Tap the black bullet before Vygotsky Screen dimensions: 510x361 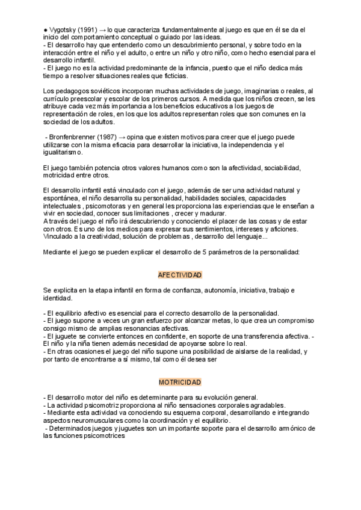pyautogui.click(x=46, y=29)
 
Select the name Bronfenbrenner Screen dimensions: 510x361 pyautogui.click(x=74, y=137)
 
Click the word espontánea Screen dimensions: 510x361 pyautogui.click(x=62, y=198)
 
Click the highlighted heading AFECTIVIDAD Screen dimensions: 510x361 pyautogui.click(x=180, y=275)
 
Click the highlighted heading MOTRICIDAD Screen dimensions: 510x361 pyautogui.click(x=180, y=382)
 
